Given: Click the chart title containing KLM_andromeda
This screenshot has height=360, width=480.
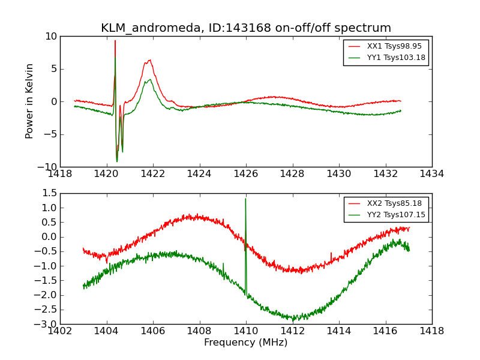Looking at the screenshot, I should pos(246,28).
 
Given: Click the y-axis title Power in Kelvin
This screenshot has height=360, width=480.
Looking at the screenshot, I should pos(29,101).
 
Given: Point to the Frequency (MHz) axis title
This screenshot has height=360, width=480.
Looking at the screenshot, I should pos(246,343).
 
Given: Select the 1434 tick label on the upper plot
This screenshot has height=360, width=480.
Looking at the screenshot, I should pos(431,174).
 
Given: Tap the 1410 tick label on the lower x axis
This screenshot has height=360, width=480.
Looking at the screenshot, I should pos(246,331).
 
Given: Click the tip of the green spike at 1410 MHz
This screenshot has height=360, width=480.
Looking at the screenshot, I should pos(245,199).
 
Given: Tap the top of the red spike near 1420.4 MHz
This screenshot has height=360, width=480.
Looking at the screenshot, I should pos(115,41).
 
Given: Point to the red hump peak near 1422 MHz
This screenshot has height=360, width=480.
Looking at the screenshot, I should pos(149,60).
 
